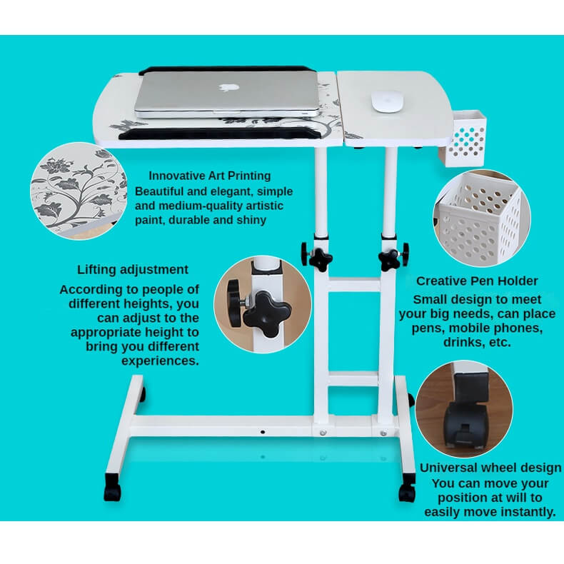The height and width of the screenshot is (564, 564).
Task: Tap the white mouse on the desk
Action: (x=387, y=101)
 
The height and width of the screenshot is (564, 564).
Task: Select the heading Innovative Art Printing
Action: (x=210, y=176)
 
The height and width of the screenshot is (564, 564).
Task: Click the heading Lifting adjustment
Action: (x=133, y=269)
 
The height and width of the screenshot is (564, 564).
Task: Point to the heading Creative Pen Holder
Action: (x=477, y=281)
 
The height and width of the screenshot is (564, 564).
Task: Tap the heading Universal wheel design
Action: (x=490, y=468)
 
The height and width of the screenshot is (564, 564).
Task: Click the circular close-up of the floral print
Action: (x=79, y=191)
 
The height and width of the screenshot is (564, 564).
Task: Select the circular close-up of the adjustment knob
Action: (x=263, y=304)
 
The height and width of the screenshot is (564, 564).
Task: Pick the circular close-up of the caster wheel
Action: (x=464, y=409)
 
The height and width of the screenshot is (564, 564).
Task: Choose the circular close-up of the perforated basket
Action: (x=482, y=218)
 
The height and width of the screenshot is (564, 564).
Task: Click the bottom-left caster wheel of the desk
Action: (x=112, y=488)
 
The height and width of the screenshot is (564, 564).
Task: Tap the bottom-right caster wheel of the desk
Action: (x=407, y=488)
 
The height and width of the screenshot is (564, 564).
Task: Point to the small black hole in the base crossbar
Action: (x=263, y=432)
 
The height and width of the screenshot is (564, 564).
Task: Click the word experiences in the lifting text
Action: (x=160, y=361)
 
